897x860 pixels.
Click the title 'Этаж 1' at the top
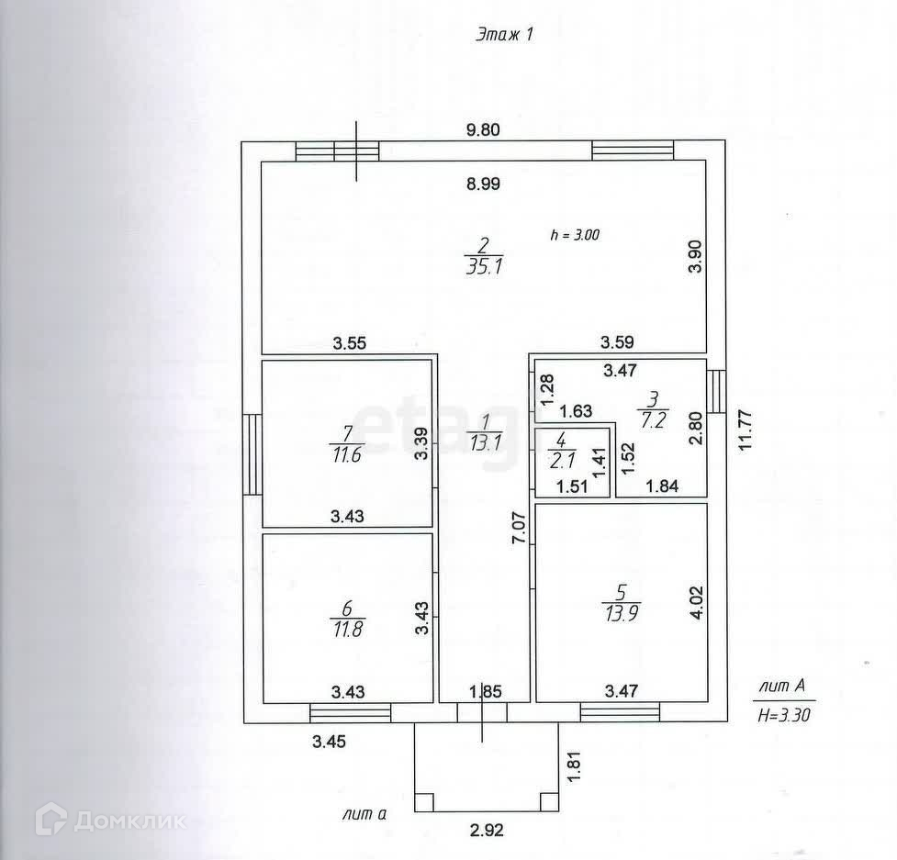pyautogui.click(x=504, y=35)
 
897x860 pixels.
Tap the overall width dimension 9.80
pyautogui.click(x=483, y=129)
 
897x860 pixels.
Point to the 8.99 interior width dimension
pyautogui.click(x=483, y=184)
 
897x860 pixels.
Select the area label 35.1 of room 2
pyautogui.click(x=484, y=267)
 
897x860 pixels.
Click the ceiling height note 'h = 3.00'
pyautogui.click(x=575, y=234)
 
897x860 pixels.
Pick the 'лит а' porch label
pyautogui.click(x=364, y=813)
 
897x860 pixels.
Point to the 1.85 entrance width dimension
pyautogui.click(x=486, y=691)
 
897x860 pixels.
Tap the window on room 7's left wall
pyautogui.click(x=252, y=454)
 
